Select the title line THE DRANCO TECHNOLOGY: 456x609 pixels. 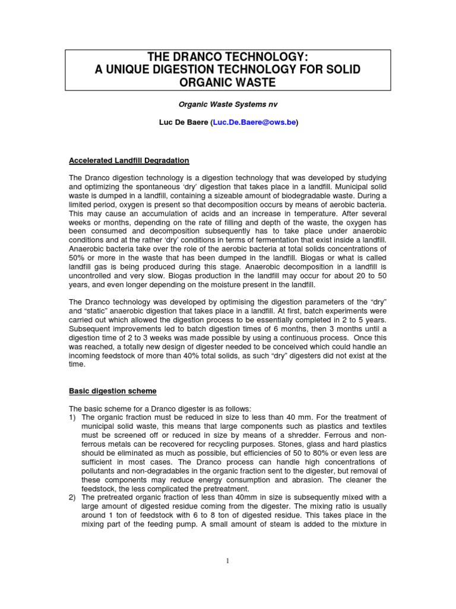[x=228, y=57]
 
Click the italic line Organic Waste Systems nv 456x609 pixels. [x=228, y=103]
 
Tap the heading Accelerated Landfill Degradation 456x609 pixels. [x=129, y=161]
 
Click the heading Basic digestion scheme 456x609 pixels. [x=113, y=391]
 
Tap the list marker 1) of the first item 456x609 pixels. [x=73, y=417]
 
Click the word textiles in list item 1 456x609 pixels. [x=373, y=426]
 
